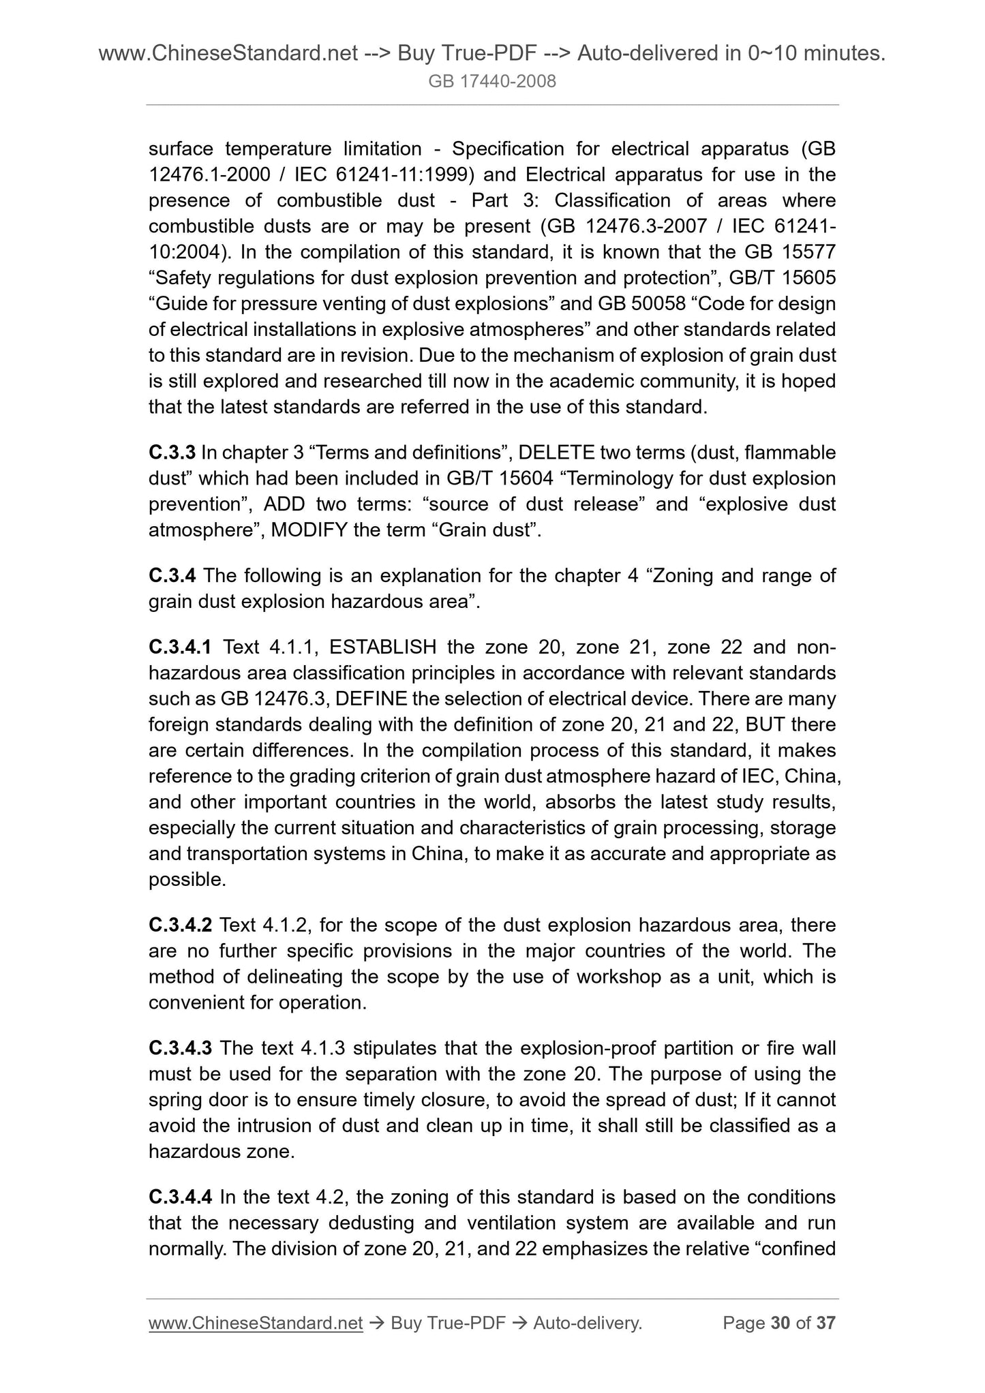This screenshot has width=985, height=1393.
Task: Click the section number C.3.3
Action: point(172,453)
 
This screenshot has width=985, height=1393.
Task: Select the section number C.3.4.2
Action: point(181,925)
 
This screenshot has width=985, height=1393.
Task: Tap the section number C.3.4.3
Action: point(181,1047)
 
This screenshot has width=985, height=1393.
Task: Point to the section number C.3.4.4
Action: point(181,1197)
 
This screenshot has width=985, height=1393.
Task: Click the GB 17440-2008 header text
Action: point(492,82)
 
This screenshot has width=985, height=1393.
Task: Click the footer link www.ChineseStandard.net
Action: point(256,1323)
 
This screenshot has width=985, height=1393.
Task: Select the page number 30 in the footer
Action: point(780,1323)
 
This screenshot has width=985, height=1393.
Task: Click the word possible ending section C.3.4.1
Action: point(187,880)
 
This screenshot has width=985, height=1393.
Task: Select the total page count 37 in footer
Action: point(826,1323)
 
